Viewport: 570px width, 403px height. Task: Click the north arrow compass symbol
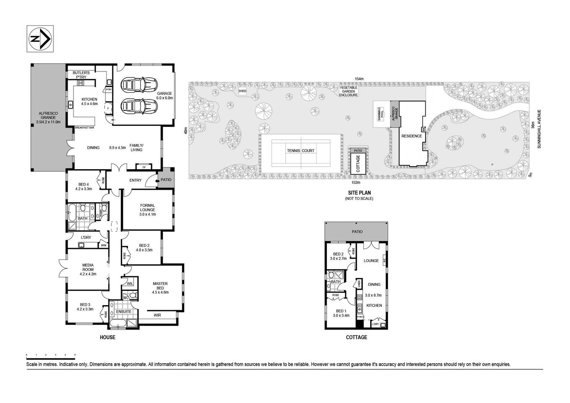point(40,39)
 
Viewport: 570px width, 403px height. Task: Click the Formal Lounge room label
point(147,210)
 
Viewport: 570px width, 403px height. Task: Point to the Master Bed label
point(160,288)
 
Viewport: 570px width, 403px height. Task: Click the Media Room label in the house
point(88,269)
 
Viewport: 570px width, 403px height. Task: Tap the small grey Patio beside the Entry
point(164,180)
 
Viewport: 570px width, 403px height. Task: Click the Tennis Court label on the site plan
point(301,151)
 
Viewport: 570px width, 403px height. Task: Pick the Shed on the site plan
point(242,91)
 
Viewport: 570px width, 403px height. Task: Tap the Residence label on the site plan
point(411,136)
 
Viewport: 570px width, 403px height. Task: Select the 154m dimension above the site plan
point(358,79)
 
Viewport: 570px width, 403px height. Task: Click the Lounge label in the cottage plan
point(371,261)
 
